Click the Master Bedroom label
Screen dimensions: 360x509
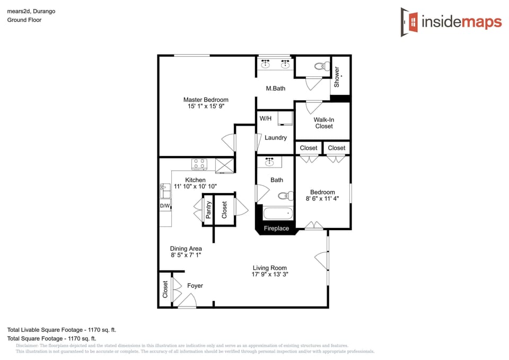(x=206, y=100)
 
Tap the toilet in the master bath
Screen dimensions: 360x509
(x=320, y=67)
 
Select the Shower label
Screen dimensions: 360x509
(x=337, y=77)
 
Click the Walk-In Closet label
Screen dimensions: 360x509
(x=324, y=123)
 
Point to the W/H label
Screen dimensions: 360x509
(x=265, y=118)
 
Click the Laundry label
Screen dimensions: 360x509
(x=276, y=138)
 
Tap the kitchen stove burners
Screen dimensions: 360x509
(x=199, y=164)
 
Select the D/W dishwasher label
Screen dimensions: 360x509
(x=165, y=206)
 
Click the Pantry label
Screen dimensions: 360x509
(x=208, y=210)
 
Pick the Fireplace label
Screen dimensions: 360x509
(x=277, y=229)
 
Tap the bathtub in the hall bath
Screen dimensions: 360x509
(x=278, y=214)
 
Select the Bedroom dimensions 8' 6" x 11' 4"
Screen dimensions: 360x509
(x=322, y=198)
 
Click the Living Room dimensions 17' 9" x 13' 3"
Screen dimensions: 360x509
(x=270, y=274)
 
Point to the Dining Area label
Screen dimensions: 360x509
(x=186, y=248)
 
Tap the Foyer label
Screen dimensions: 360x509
(x=195, y=286)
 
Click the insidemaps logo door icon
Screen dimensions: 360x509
(x=409, y=22)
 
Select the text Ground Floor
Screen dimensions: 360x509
(x=24, y=20)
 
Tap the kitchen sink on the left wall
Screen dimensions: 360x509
(x=162, y=187)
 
